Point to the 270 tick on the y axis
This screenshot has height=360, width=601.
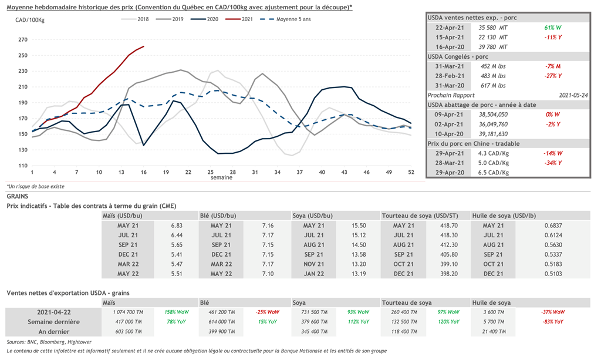click(23, 40)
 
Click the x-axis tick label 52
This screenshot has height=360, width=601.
click(411, 171)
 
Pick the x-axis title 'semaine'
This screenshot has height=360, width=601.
click(222, 177)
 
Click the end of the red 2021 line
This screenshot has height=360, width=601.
click(144, 46)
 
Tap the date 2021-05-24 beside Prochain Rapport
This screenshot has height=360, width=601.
click(572, 94)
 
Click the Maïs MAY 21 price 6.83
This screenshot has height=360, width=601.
click(177, 226)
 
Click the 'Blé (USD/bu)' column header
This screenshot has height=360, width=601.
click(218, 216)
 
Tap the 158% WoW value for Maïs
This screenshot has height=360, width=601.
click(176, 312)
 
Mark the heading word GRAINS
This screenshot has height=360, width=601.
click(18, 196)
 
